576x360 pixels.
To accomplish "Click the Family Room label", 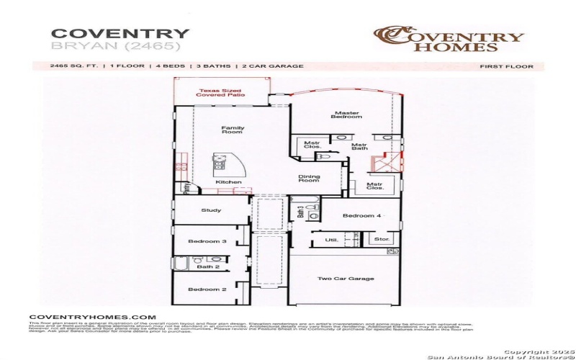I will pyautogui.click(x=233, y=130).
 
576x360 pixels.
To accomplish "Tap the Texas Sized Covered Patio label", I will pyautogui.click(x=222, y=93).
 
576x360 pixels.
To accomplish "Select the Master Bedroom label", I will pyautogui.click(x=346, y=114).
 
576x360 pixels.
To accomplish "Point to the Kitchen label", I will pyautogui.click(x=229, y=182).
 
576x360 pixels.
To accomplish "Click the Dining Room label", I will pyautogui.click(x=309, y=179).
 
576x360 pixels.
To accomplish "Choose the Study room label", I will pyautogui.click(x=210, y=211).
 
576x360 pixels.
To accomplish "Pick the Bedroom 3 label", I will pyautogui.click(x=207, y=241).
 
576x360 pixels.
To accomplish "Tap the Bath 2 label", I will pyautogui.click(x=208, y=266).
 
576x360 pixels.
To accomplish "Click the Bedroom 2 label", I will pyautogui.click(x=207, y=289).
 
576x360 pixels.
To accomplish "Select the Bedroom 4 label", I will pyautogui.click(x=361, y=216).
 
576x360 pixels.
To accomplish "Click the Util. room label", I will pyautogui.click(x=332, y=239).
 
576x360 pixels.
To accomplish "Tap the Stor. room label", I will pyautogui.click(x=382, y=238).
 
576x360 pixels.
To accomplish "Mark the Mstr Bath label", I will pyautogui.click(x=360, y=147).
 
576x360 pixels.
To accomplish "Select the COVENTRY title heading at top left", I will pyautogui.click(x=120, y=33).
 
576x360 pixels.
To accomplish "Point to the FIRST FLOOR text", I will pyautogui.click(x=506, y=66).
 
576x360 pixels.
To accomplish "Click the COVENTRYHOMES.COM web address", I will pyautogui.click(x=92, y=317).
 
